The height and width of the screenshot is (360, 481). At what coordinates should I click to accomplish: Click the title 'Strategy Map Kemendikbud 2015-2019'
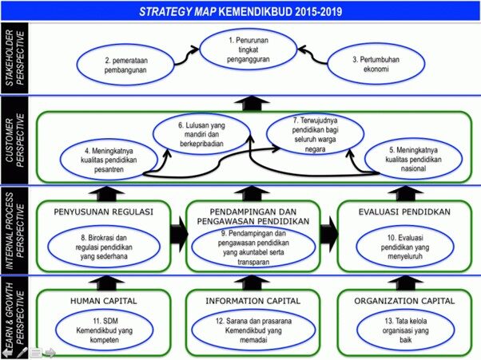[240, 12]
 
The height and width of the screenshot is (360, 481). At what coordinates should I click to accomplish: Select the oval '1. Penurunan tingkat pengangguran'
[248, 49]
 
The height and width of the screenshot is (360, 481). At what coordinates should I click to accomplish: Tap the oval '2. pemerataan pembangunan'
[125, 65]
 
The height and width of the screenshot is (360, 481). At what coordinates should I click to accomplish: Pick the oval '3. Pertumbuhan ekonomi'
[376, 64]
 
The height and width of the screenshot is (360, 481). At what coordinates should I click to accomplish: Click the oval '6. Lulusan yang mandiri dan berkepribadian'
[201, 134]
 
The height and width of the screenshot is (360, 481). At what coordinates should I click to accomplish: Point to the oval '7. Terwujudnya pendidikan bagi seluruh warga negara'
[315, 134]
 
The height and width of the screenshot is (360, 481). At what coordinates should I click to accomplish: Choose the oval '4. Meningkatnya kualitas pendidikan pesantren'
[109, 160]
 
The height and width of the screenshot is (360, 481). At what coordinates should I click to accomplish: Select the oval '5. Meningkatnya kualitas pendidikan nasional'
[413, 159]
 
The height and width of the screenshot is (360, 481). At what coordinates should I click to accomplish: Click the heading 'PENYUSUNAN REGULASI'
[103, 212]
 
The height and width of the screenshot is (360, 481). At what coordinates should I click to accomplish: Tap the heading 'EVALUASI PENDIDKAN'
[404, 212]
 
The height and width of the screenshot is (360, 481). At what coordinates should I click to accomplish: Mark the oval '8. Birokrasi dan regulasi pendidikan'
[104, 247]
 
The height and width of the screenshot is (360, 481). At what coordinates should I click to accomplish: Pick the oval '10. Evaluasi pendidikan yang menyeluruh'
[405, 247]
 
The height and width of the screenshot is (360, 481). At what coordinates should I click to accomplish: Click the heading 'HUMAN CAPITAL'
[104, 301]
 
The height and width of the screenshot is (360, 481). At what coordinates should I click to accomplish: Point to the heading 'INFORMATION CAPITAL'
[253, 301]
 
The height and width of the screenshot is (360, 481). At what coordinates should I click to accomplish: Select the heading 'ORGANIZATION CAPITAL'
[404, 301]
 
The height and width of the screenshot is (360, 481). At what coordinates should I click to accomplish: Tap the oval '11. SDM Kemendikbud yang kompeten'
[105, 330]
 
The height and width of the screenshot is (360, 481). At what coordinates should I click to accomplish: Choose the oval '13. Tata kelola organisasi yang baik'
[405, 330]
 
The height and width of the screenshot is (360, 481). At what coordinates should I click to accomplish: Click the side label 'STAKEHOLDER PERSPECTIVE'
[14, 58]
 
